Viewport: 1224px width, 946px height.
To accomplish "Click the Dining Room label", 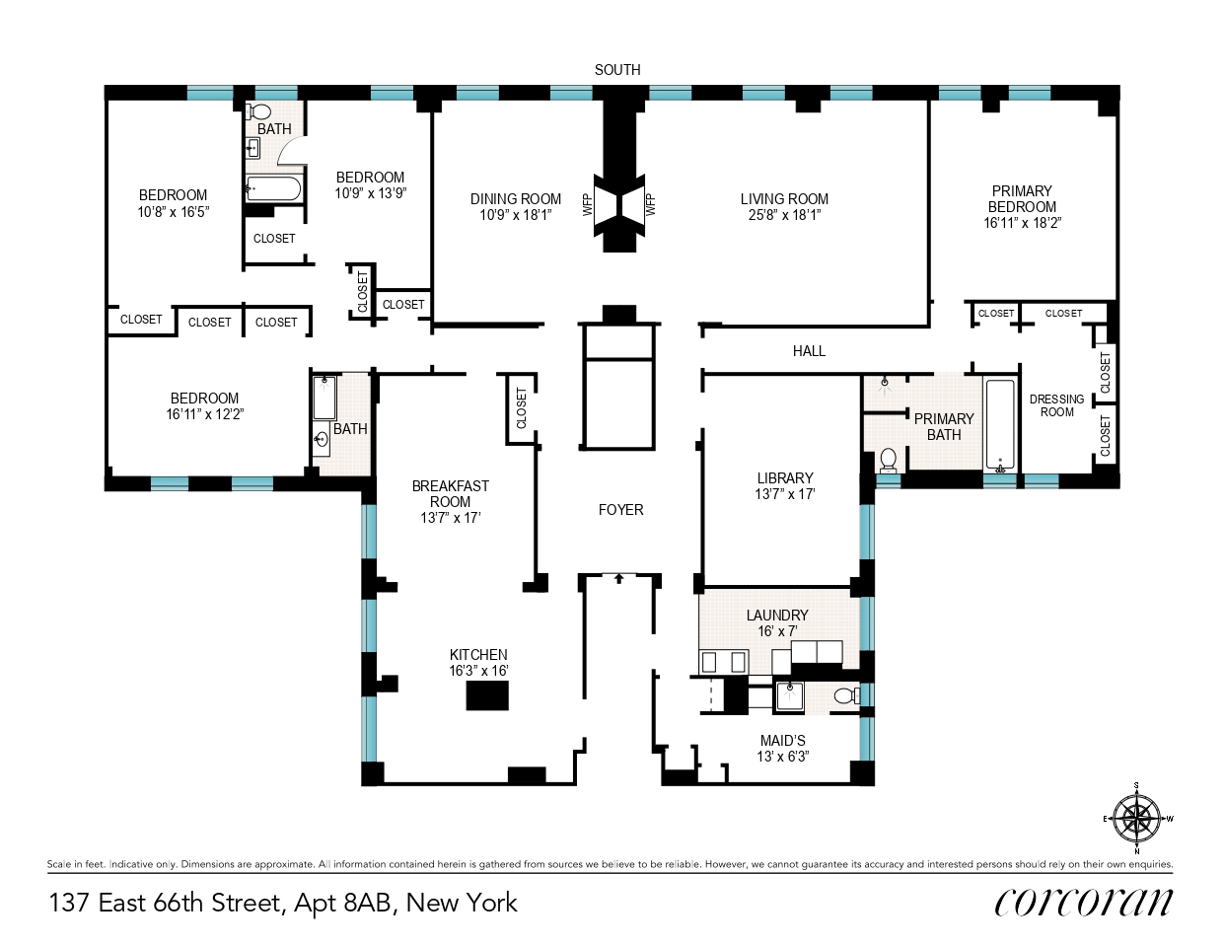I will click(x=515, y=199).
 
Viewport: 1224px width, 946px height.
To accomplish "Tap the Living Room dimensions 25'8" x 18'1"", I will click(x=784, y=215).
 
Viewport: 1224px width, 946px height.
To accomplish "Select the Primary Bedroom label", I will click(x=1022, y=199).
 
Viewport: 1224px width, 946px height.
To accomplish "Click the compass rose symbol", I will click(x=1137, y=818).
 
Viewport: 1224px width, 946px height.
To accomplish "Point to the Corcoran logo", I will click(x=1083, y=902).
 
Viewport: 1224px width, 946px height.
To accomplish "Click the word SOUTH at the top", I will click(x=617, y=70).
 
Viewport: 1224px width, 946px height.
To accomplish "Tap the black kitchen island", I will click(x=487, y=695).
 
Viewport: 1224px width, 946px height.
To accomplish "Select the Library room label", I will click(x=785, y=478).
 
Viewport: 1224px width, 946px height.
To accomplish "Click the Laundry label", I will click(x=777, y=616).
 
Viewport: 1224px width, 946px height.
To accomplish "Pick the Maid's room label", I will click(x=782, y=741).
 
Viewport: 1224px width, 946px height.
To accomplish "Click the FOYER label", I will click(x=620, y=510).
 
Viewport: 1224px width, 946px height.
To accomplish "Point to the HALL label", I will click(x=809, y=351).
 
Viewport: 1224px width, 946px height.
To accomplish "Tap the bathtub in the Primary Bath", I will click(x=1000, y=423).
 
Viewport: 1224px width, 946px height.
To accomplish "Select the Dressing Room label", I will click(x=1056, y=405).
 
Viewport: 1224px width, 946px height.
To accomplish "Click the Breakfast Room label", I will click(x=451, y=493).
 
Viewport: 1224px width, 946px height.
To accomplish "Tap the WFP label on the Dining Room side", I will click(x=588, y=205).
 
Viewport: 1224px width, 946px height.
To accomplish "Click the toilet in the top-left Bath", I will click(x=260, y=111).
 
